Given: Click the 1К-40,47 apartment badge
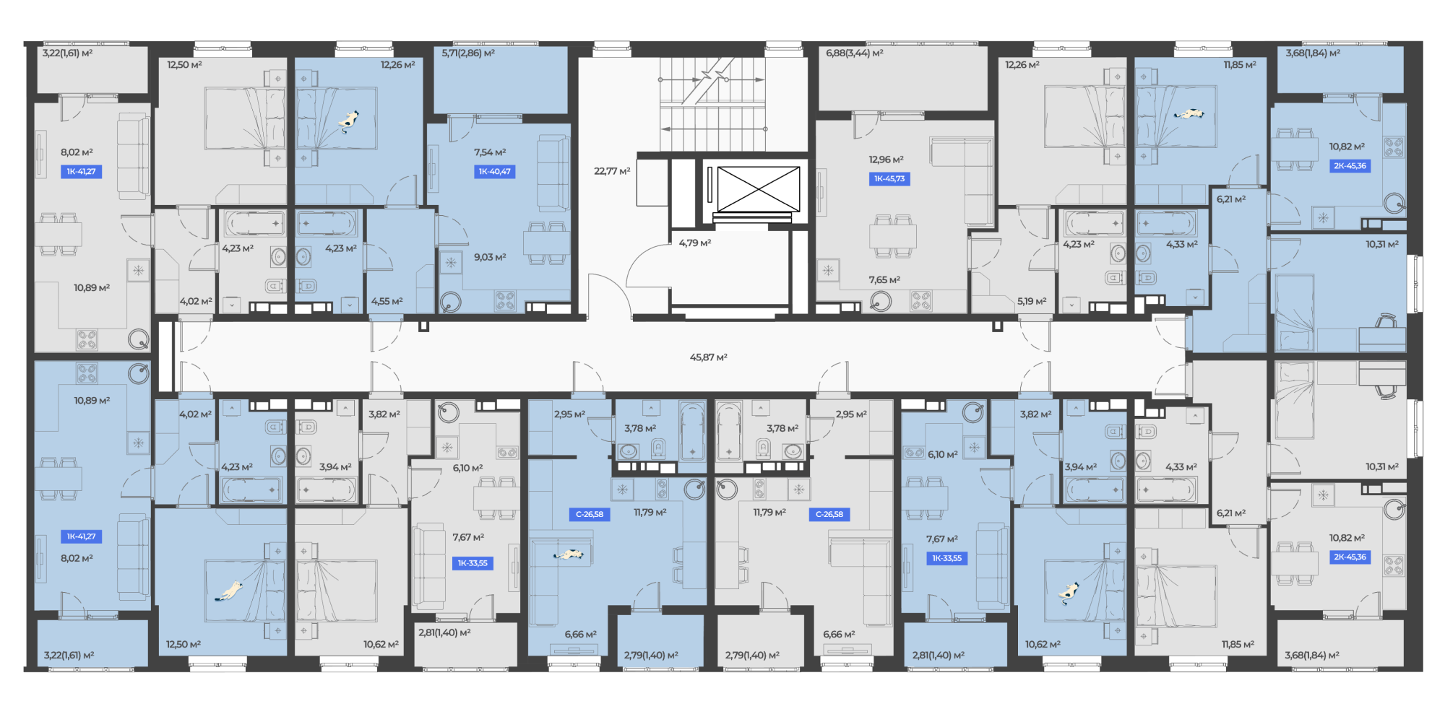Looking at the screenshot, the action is click(x=494, y=172).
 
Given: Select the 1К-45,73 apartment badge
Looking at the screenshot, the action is click(x=889, y=179).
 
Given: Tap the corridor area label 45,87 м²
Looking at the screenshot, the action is click(x=708, y=357).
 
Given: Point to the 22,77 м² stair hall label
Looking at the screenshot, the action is click(x=612, y=171).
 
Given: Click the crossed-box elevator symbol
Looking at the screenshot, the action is click(x=759, y=189).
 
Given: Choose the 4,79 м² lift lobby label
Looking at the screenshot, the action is click(x=695, y=243).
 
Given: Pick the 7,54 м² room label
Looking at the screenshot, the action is click(x=490, y=152).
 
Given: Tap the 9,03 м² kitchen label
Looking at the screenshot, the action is click(x=490, y=257).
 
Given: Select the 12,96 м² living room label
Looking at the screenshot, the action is click(x=887, y=160).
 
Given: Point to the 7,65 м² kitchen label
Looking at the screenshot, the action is click(x=884, y=280).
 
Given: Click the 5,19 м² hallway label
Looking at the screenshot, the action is click(x=1032, y=301).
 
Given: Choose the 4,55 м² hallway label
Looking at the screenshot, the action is click(x=387, y=301).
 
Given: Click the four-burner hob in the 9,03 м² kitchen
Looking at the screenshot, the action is click(x=506, y=300).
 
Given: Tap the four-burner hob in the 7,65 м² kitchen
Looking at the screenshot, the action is click(x=921, y=300).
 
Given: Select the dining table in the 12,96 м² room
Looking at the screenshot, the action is click(x=893, y=236).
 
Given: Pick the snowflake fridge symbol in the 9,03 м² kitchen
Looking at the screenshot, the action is click(x=451, y=263).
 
